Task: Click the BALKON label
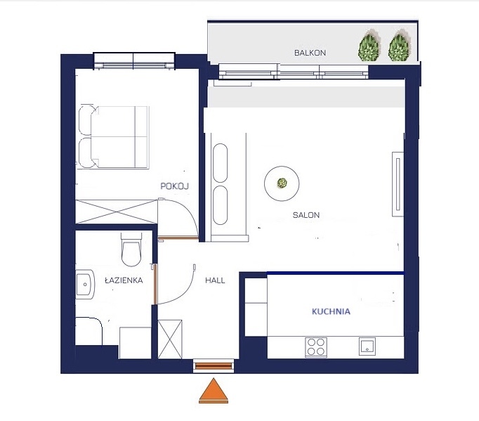tap(310, 53)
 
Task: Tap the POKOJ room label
tap(175, 186)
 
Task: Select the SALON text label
tap(306, 215)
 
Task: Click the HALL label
tap(215, 280)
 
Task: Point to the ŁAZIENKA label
tap(124, 280)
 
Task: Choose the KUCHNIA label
tap(331, 311)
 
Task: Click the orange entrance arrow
tap(214, 391)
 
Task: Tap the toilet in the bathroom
tap(131, 250)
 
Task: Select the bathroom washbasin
tap(84, 285)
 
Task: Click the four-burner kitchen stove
tap(316, 347)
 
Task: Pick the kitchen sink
tap(367, 346)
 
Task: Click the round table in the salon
tap(282, 183)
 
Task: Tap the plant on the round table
tap(282, 183)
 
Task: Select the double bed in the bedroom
tap(114, 137)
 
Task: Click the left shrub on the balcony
tap(369, 45)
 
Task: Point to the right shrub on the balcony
tap(399, 45)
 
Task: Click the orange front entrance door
tap(214, 365)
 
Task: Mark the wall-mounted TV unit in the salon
tap(398, 184)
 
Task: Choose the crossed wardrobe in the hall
tap(170, 339)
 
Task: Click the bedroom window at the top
tap(134, 61)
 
